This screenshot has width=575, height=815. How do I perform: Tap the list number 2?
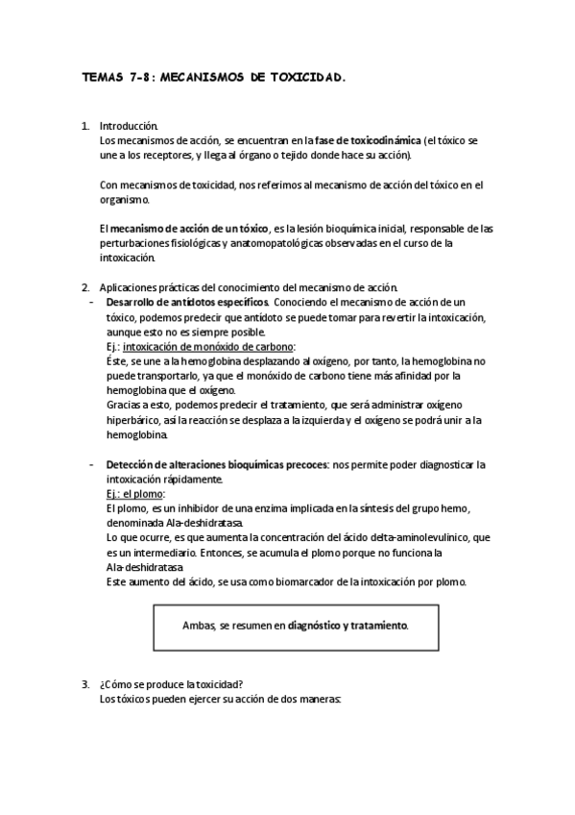pyautogui.click(x=85, y=287)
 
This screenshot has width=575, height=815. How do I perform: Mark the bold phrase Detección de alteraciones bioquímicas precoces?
pyautogui.click(x=216, y=464)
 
